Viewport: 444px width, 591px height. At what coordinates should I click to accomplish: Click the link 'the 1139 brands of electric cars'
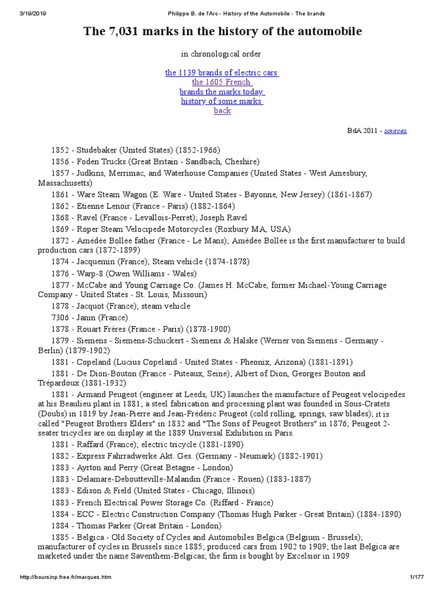click(x=222, y=73)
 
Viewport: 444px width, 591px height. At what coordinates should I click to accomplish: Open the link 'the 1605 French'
click(x=221, y=82)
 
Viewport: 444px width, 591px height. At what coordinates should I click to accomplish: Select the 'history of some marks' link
click(x=222, y=101)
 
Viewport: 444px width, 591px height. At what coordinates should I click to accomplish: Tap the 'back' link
click(x=222, y=110)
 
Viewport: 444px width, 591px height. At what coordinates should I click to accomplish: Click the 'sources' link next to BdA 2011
click(x=395, y=131)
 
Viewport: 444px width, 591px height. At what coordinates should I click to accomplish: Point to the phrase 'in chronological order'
click(x=221, y=54)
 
